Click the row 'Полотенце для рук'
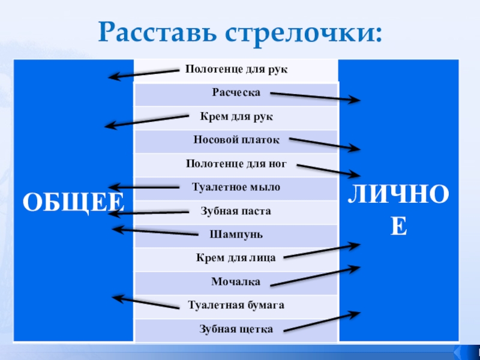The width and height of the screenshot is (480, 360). [236, 70]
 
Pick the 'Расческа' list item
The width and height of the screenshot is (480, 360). [236, 92]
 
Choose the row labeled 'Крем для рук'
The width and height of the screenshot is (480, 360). [236, 116]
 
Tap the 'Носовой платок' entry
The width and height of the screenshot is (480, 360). [236, 140]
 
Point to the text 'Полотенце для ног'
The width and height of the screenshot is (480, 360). [236, 163]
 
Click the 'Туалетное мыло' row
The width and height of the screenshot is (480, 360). [236, 187]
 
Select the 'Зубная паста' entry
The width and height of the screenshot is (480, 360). [236, 211]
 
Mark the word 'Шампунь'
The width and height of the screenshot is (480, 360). [236, 233]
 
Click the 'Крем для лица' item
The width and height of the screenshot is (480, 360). [236, 257]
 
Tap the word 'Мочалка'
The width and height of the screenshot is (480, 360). [236, 281]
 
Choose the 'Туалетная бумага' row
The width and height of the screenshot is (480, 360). [236, 305]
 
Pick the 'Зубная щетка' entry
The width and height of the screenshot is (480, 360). [236, 329]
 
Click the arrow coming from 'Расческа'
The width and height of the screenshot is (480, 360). [315, 97]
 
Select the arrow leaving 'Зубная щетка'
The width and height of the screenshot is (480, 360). [321, 321]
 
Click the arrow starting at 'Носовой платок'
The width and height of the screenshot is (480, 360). [324, 144]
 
